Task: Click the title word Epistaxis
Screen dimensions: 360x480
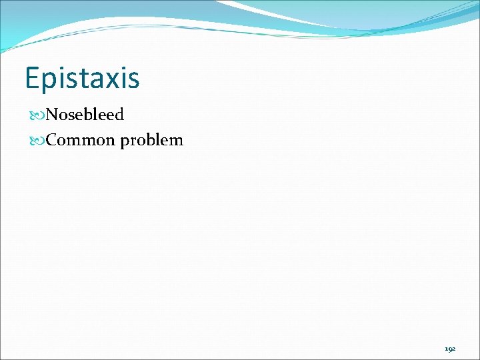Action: [82, 78]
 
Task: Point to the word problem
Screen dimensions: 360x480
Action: [152, 141]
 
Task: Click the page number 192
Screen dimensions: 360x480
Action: [450, 349]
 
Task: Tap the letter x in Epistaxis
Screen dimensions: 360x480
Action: [113, 79]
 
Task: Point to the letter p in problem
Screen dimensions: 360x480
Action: [125, 142]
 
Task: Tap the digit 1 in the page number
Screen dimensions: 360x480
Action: [446, 349]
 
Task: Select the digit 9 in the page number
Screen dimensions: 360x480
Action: [450, 349]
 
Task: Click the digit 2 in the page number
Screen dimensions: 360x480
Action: [454, 349]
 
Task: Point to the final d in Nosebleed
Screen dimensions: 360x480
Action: [119, 115]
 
